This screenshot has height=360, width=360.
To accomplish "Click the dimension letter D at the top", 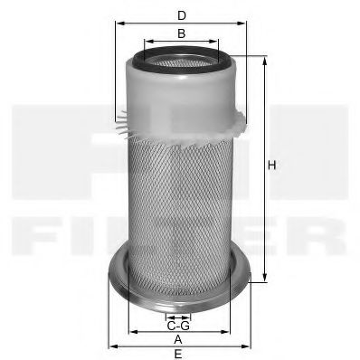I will tap(181, 15).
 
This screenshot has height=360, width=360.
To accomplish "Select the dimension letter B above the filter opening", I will tap(181, 33).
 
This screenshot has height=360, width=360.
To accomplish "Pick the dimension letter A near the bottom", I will tap(178, 339).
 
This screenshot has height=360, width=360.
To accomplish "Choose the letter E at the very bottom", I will tap(178, 354).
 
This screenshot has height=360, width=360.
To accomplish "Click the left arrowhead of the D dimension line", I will tap(118, 25).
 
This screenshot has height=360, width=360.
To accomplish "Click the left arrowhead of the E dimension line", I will tap(110, 346).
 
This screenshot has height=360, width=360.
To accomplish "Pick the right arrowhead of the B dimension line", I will tap(216, 42).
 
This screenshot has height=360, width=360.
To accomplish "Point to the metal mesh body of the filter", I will tap(181, 199).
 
